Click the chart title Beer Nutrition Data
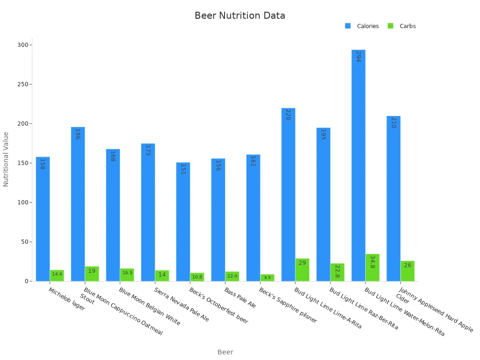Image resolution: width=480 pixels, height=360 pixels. tap(240, 15)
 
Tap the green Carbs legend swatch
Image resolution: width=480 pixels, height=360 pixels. tap(390, 26)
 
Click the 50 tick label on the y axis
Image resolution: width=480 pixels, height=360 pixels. tap(23, 242)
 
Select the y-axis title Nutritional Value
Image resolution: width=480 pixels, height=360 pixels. tap(6, 159)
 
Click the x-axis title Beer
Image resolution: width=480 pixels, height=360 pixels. tap(225, 352)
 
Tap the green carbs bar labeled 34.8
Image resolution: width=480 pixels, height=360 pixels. tap(372, 268)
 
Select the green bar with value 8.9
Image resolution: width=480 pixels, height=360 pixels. tap(267, 277)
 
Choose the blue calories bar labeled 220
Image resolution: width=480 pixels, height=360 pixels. tap(288, 195)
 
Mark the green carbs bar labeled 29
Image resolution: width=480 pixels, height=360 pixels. tap(302, 270)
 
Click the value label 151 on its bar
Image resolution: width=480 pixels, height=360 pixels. tap(183, 169)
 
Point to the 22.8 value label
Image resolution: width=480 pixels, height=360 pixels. tap(337, 271)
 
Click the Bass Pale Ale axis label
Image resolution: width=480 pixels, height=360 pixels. tap(240, 298)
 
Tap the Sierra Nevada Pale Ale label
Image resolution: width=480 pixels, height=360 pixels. tap(181, 305)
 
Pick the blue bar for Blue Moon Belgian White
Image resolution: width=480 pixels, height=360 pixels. tap(113, 215)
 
